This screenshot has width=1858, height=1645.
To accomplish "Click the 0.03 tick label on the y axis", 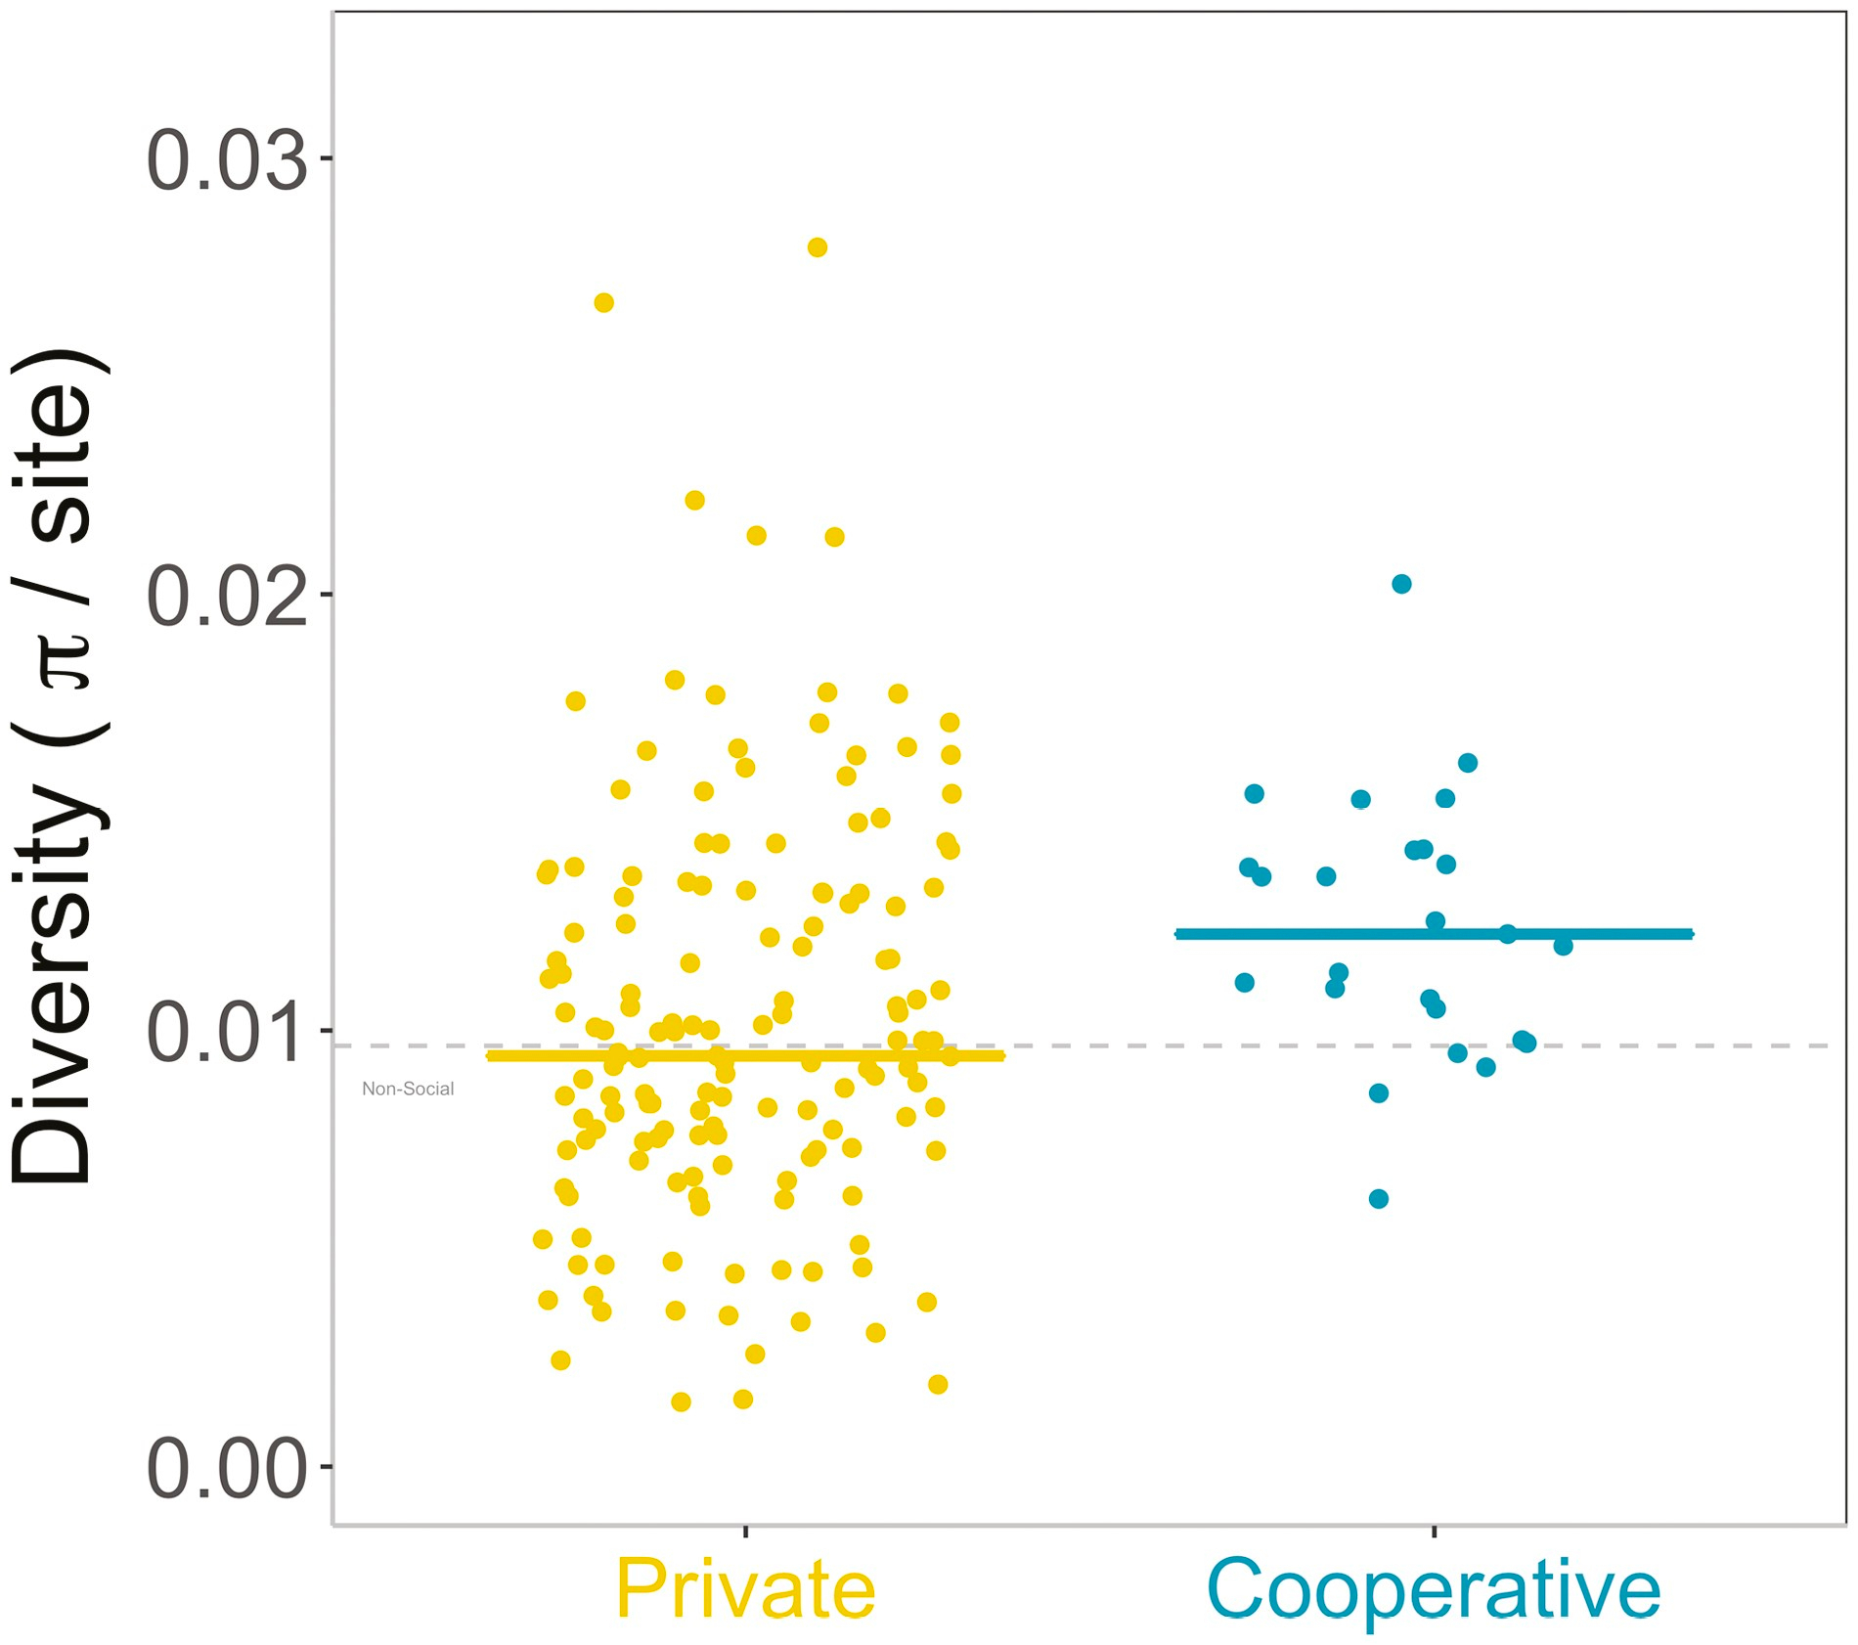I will [226, 159].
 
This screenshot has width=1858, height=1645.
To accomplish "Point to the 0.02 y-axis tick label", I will [226, 596].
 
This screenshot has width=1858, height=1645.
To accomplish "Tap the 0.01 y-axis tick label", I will [226, 1033].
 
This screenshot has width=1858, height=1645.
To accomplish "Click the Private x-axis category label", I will [745, 1589].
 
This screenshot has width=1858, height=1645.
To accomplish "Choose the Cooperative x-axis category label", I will [1434, 1589].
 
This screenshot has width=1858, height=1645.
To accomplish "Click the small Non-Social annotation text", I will [408, 1089].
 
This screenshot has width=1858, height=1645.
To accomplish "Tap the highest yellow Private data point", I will [818, 247].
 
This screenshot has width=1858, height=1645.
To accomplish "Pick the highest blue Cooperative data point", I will [1401, 584].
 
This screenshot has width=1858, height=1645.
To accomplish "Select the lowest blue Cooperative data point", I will [1378, 1199].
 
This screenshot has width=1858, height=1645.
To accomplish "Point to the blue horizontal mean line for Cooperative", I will [1434, 934].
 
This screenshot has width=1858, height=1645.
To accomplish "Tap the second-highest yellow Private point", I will [603, 303].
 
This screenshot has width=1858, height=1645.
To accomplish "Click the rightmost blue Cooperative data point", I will [1563, 946].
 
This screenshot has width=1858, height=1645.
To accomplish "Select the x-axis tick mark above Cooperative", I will [1434, 1531].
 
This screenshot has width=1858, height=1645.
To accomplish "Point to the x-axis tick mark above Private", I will [745, 1531].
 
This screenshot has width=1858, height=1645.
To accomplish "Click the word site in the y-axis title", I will [59, 460].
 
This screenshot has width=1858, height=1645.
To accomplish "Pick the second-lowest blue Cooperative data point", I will [1378, 1093].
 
